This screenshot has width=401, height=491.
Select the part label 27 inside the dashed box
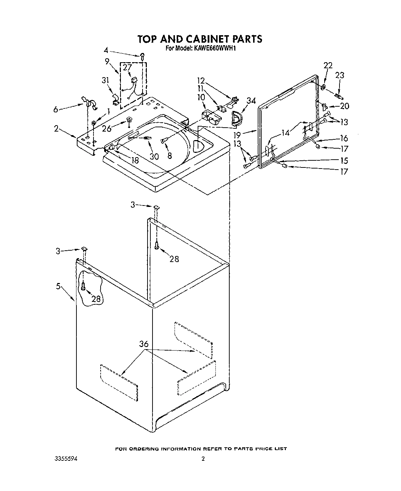[127, 68]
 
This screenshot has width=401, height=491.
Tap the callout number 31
[105, 81]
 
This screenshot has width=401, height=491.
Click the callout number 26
[107, 128]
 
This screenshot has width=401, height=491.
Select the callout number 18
[135, 160]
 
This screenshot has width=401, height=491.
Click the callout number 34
[251, 101]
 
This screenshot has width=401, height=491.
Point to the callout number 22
[328, 65]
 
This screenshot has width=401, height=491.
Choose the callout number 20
[344, 106]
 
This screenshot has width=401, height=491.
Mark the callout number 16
[344, 138]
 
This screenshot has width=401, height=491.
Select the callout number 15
[344, 160]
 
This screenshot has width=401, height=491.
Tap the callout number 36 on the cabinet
[144, 344]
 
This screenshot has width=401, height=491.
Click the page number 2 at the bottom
[203, 459]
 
